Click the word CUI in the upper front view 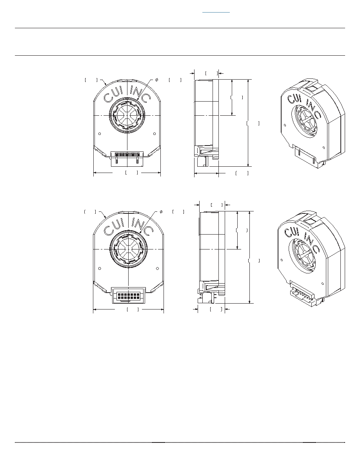tap(114, 94)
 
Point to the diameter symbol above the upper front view tap(156, 80)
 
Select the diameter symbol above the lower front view tap(161, 212)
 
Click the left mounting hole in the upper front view tap(100, 134)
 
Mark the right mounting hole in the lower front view tap(157, 269)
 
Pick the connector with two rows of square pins tap(129, 295)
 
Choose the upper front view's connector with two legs tap(127, 158)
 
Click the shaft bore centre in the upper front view tap(127, 115)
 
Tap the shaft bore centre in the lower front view tap(128, 249)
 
